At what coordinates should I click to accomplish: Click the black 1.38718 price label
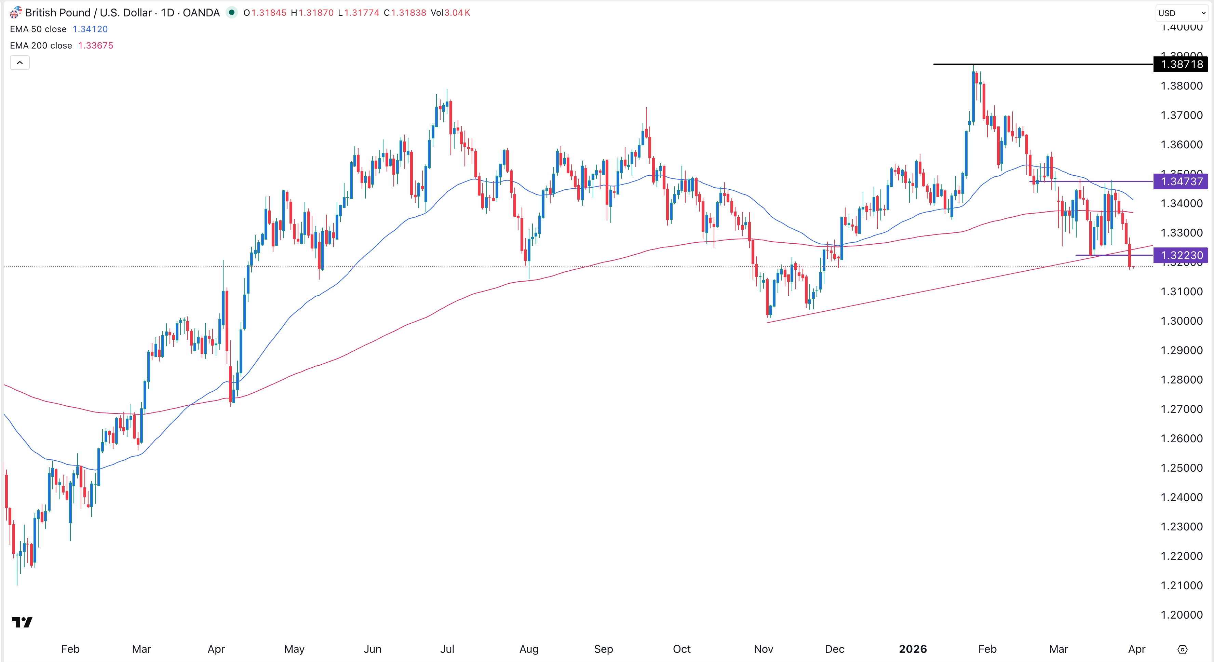[1181, 64]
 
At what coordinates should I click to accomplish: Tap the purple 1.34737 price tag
[1181, 181]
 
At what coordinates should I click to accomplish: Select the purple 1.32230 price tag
[1181, 255]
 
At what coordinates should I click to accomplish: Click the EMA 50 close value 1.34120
[90, 29]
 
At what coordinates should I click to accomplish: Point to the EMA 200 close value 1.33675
[96, 46]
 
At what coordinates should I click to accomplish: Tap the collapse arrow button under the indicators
[20, 63]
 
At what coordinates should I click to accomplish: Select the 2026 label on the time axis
[913, 649]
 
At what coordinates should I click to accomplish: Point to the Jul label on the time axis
[447, 649]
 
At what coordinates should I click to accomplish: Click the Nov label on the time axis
[763, 649]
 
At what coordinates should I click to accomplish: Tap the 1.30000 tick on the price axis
[1181, 321]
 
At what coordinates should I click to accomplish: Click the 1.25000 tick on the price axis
[1181, 468]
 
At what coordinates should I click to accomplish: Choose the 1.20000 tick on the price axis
[1181, 615]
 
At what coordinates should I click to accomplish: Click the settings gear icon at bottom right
[1183, 650]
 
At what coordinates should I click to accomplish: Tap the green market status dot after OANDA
[231, 13]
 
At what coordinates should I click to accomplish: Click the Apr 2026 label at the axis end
[1137, 649]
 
